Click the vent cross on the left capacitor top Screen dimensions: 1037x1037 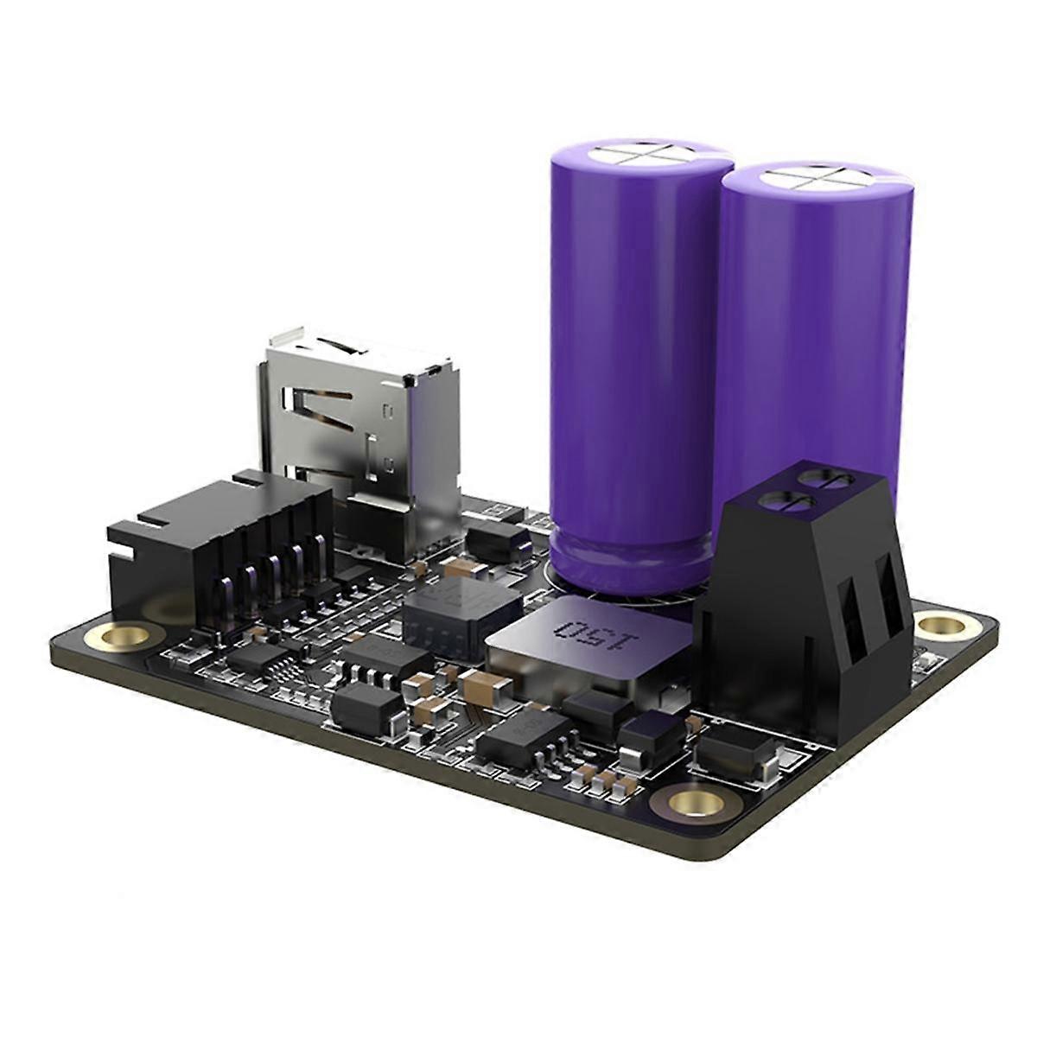pos(642,155)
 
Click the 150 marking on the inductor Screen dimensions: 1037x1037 pos(593,638)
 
